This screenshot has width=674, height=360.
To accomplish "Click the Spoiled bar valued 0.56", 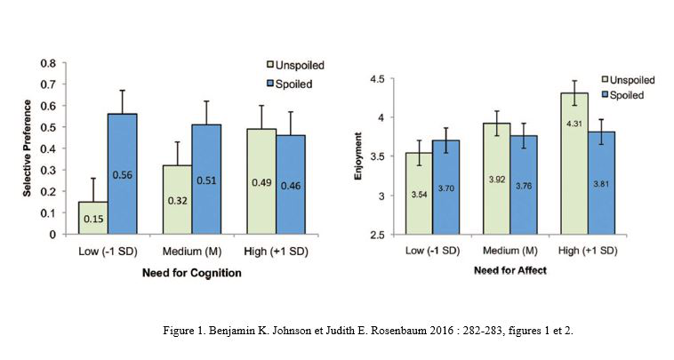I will point(122,174).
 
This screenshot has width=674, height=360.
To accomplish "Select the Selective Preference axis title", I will point(28,149).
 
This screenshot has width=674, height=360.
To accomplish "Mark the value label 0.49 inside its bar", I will point(262,185).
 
